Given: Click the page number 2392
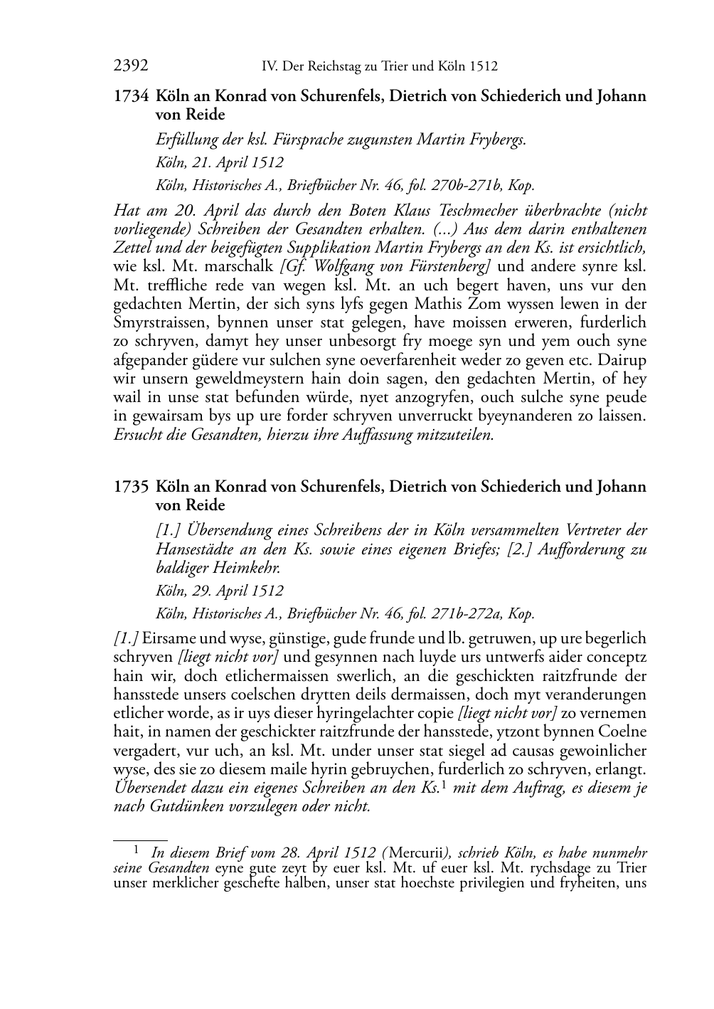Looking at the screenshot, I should [131, 67].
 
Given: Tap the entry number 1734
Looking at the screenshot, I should [131, 96].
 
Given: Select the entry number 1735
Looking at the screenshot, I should [131, 487].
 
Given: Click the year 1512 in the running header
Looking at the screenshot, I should [483, 67].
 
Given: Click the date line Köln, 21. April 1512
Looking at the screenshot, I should [219, 162].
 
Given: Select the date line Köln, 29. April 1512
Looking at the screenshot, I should [219, 591].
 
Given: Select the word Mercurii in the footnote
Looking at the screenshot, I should [417, 852].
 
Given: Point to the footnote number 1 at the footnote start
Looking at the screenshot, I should [135, 848].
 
